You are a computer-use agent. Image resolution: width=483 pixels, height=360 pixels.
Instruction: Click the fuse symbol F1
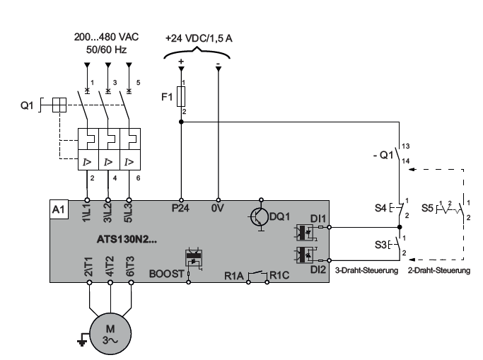181,97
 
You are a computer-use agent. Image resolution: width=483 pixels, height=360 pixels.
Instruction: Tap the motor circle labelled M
110,334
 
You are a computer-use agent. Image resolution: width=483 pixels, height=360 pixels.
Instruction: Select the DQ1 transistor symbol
259,216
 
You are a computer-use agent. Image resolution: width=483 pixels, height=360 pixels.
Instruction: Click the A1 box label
59,209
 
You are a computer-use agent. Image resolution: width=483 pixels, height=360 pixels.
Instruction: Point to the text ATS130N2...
127,239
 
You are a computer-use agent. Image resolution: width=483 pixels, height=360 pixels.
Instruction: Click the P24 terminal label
180,208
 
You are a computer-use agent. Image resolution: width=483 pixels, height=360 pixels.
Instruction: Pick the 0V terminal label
217,208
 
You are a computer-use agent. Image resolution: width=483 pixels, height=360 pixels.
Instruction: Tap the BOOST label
167,274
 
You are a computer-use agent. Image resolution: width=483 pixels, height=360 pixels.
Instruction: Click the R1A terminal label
234,276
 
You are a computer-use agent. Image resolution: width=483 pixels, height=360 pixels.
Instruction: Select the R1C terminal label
279,275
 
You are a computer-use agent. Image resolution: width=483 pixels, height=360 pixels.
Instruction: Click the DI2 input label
318,269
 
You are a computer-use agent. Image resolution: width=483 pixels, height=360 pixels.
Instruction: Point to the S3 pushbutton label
380,245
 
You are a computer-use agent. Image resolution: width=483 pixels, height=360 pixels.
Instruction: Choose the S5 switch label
427,208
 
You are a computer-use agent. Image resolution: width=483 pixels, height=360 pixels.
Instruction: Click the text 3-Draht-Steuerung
366,270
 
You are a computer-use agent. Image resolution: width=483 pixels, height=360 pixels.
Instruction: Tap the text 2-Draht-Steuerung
439,270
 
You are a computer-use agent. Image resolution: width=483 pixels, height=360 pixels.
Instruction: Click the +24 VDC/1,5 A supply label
199,38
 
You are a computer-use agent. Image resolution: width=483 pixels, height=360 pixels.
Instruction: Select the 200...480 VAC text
106,37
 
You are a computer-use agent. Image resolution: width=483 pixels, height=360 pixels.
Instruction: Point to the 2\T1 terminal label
88,267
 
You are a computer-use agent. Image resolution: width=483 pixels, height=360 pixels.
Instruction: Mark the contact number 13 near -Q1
406,146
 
